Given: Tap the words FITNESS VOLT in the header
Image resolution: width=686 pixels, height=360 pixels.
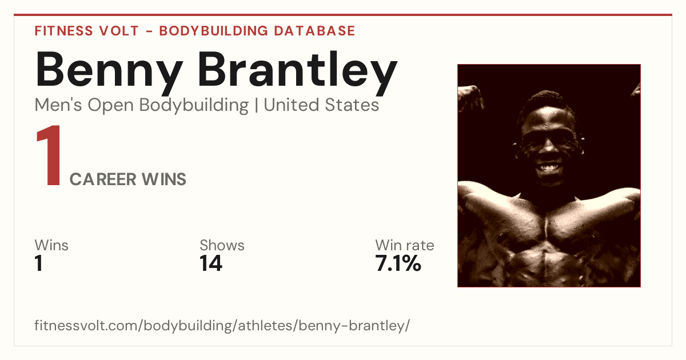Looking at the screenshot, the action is [87, 31].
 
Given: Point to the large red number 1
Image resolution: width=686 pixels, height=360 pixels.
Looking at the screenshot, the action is [49, 155].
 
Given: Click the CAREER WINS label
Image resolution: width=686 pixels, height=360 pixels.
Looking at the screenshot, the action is [128, 179].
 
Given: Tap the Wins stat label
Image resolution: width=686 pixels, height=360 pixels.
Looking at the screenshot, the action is [51, 245].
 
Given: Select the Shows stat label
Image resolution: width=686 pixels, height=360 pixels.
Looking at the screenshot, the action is [222, 245].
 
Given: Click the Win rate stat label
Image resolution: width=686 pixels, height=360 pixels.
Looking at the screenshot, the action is [405, 245].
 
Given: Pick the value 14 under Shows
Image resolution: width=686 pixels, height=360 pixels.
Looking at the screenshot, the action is [211, 263].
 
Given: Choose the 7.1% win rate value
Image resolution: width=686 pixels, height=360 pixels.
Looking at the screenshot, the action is [398, 263].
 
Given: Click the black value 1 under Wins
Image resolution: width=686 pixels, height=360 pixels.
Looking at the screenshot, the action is [39, 263].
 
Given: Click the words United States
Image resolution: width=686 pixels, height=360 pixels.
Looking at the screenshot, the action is [321, 105].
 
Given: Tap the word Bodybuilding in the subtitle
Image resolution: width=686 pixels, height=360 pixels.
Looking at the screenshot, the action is [194, 106].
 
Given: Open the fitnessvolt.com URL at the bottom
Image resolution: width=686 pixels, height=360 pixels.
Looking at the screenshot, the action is [222, 326].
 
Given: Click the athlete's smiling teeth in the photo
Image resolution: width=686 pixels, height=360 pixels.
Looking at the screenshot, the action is [549, 169].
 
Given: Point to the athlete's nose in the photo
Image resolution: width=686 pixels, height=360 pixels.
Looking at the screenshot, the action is [548, 147].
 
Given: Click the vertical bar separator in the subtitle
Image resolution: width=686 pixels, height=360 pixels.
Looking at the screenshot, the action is [256, 105].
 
